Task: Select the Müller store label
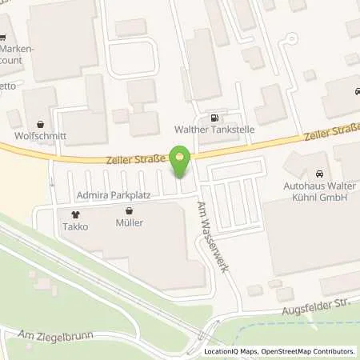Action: tap(129, 222)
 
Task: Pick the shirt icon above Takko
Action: tap(77, 214)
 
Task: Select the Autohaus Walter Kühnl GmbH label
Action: tap(320, 193)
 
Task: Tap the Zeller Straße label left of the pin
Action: tap(135, 159)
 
